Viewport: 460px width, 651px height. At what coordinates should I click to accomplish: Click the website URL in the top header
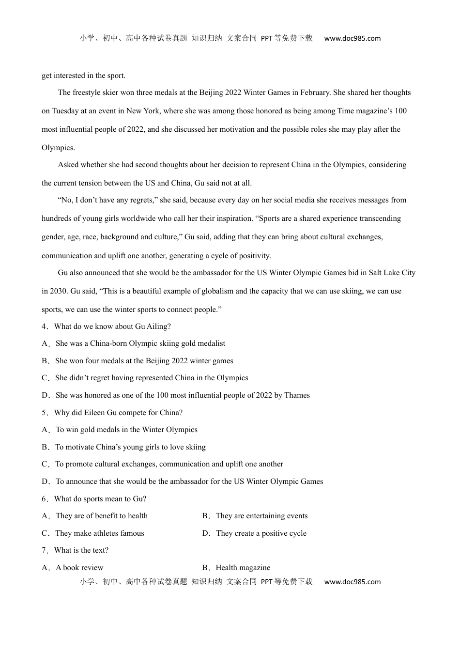352,39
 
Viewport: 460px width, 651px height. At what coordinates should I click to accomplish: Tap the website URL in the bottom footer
352,582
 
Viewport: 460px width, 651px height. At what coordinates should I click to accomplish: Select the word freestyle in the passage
89,93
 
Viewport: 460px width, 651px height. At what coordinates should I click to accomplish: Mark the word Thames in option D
297,395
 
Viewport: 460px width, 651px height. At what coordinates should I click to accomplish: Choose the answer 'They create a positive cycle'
261,533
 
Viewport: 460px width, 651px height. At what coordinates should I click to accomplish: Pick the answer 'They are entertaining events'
261,516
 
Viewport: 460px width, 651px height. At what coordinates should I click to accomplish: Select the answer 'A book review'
79,568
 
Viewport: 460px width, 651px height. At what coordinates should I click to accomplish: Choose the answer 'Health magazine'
243,568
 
